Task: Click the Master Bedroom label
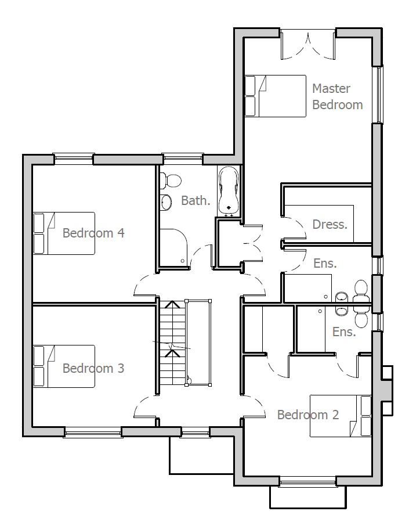coord(337,96)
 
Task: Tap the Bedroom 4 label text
coord(93,233)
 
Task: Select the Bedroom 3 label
coord(93,368)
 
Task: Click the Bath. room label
coord(196,200)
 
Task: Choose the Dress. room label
coord(330,224)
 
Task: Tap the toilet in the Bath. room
coord(172,181)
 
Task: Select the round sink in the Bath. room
coord(167,202)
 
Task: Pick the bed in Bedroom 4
coord(64,233)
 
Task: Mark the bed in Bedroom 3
coord(64,366)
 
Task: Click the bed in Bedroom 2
coord(341,416)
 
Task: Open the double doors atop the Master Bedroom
coord(307,45)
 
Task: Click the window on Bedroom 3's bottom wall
coord(93,431)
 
